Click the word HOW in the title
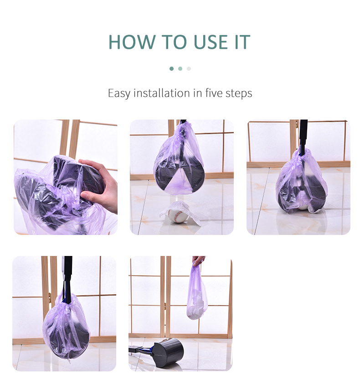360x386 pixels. pos(132,42)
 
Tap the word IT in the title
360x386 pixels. pos(242,42)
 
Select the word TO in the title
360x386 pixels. pos(175,42)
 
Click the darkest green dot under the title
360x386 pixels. pos(172,69)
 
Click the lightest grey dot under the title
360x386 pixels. pos(189,69)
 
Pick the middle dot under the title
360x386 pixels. pos(180,69)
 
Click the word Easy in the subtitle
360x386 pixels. pos(119,94)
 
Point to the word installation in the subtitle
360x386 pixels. pos(162,93)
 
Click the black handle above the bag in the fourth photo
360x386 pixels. pos(67,275)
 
